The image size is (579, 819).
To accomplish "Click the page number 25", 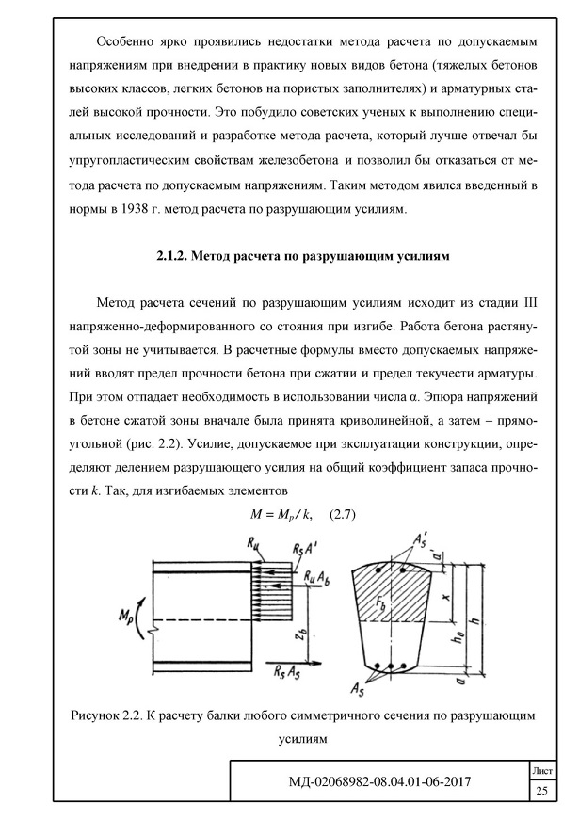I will coord(541,790).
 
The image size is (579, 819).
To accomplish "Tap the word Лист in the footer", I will coord(541,769).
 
